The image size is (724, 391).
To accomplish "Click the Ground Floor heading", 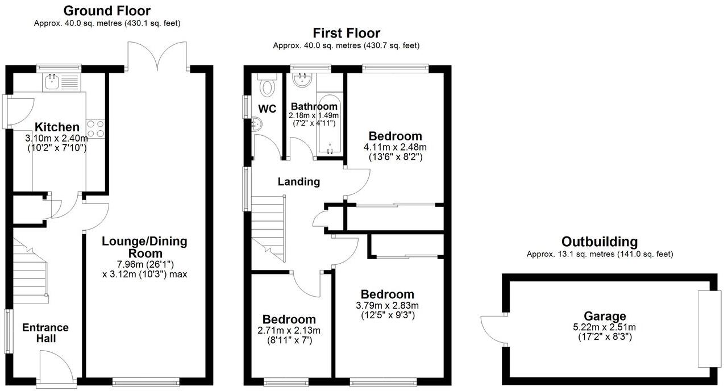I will pyautogui.click(x=107, y=11).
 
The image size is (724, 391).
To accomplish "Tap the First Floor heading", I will pyautogui.click(x=346, y=33).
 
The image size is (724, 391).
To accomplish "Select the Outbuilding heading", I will pyautogui.click(x=599, y=242).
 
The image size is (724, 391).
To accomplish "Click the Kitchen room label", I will pyautogui.click(x=57, y=127).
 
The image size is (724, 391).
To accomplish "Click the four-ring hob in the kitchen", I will pyautogui.click(x=95, y=128).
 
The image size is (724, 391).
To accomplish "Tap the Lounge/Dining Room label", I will pyautogui.click(x=144, y=247).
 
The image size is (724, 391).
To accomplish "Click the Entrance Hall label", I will pyautogui.click(x=45, y=333).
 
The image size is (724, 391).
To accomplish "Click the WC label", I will pyautogui.click(x=267, y=108).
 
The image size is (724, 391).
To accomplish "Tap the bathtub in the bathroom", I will pyautogui.click(x=328, y=125).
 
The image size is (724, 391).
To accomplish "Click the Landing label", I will pyautogui.click(x=298, y=182).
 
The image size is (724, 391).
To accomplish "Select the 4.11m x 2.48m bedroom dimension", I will pyautogui.click(x=395, y=147).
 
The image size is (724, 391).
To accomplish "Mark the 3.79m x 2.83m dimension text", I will pyautogui.click(x=387, y=306).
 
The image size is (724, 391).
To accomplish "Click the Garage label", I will pyautogui.click(x=605, y=316).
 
